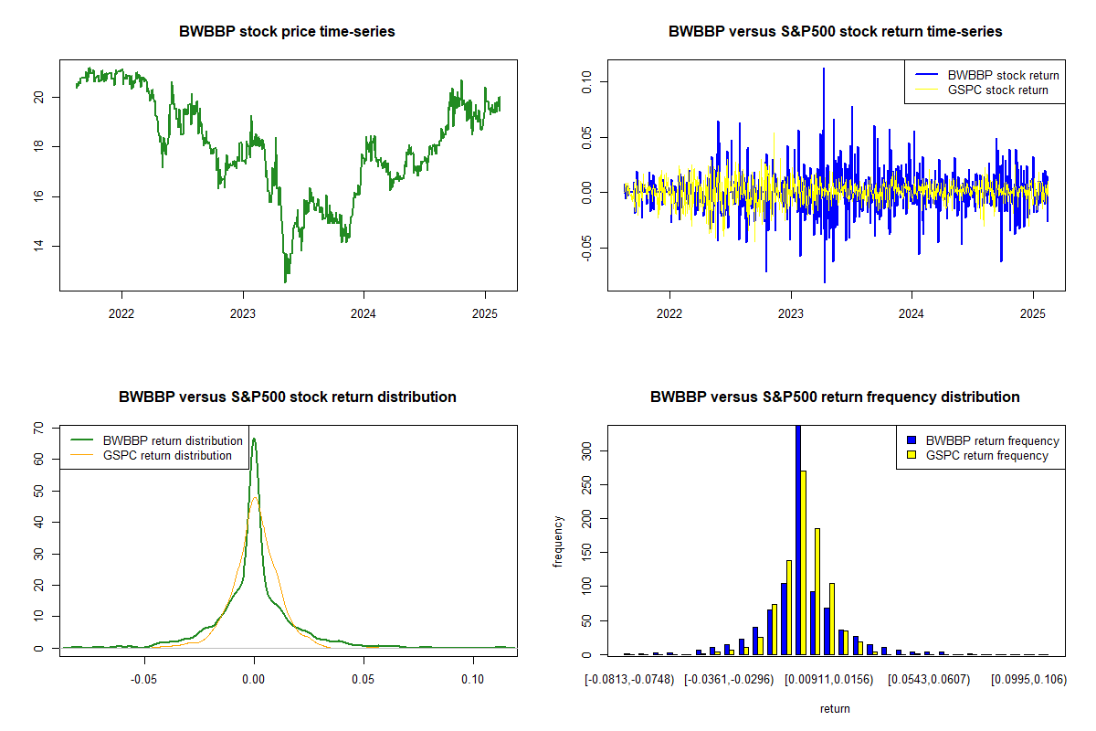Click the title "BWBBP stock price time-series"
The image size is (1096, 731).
click(x=288, y=32)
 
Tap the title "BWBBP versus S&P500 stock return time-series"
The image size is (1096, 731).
click(x=836, y=32)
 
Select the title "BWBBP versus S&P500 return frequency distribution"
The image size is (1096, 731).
click(x=836, y=397)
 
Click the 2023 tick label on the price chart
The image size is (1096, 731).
click(x=243, y=312)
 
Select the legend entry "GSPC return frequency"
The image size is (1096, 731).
click(x=987, y=455)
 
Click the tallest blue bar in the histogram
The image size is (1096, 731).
click(x=797, y=539)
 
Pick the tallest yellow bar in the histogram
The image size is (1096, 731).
click(x=804, y=562)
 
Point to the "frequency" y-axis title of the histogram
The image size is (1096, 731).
click(x=558, y=541)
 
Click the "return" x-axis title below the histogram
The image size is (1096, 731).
click(x=836, y=708)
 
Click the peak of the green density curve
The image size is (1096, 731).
click(x=254, y=440)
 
